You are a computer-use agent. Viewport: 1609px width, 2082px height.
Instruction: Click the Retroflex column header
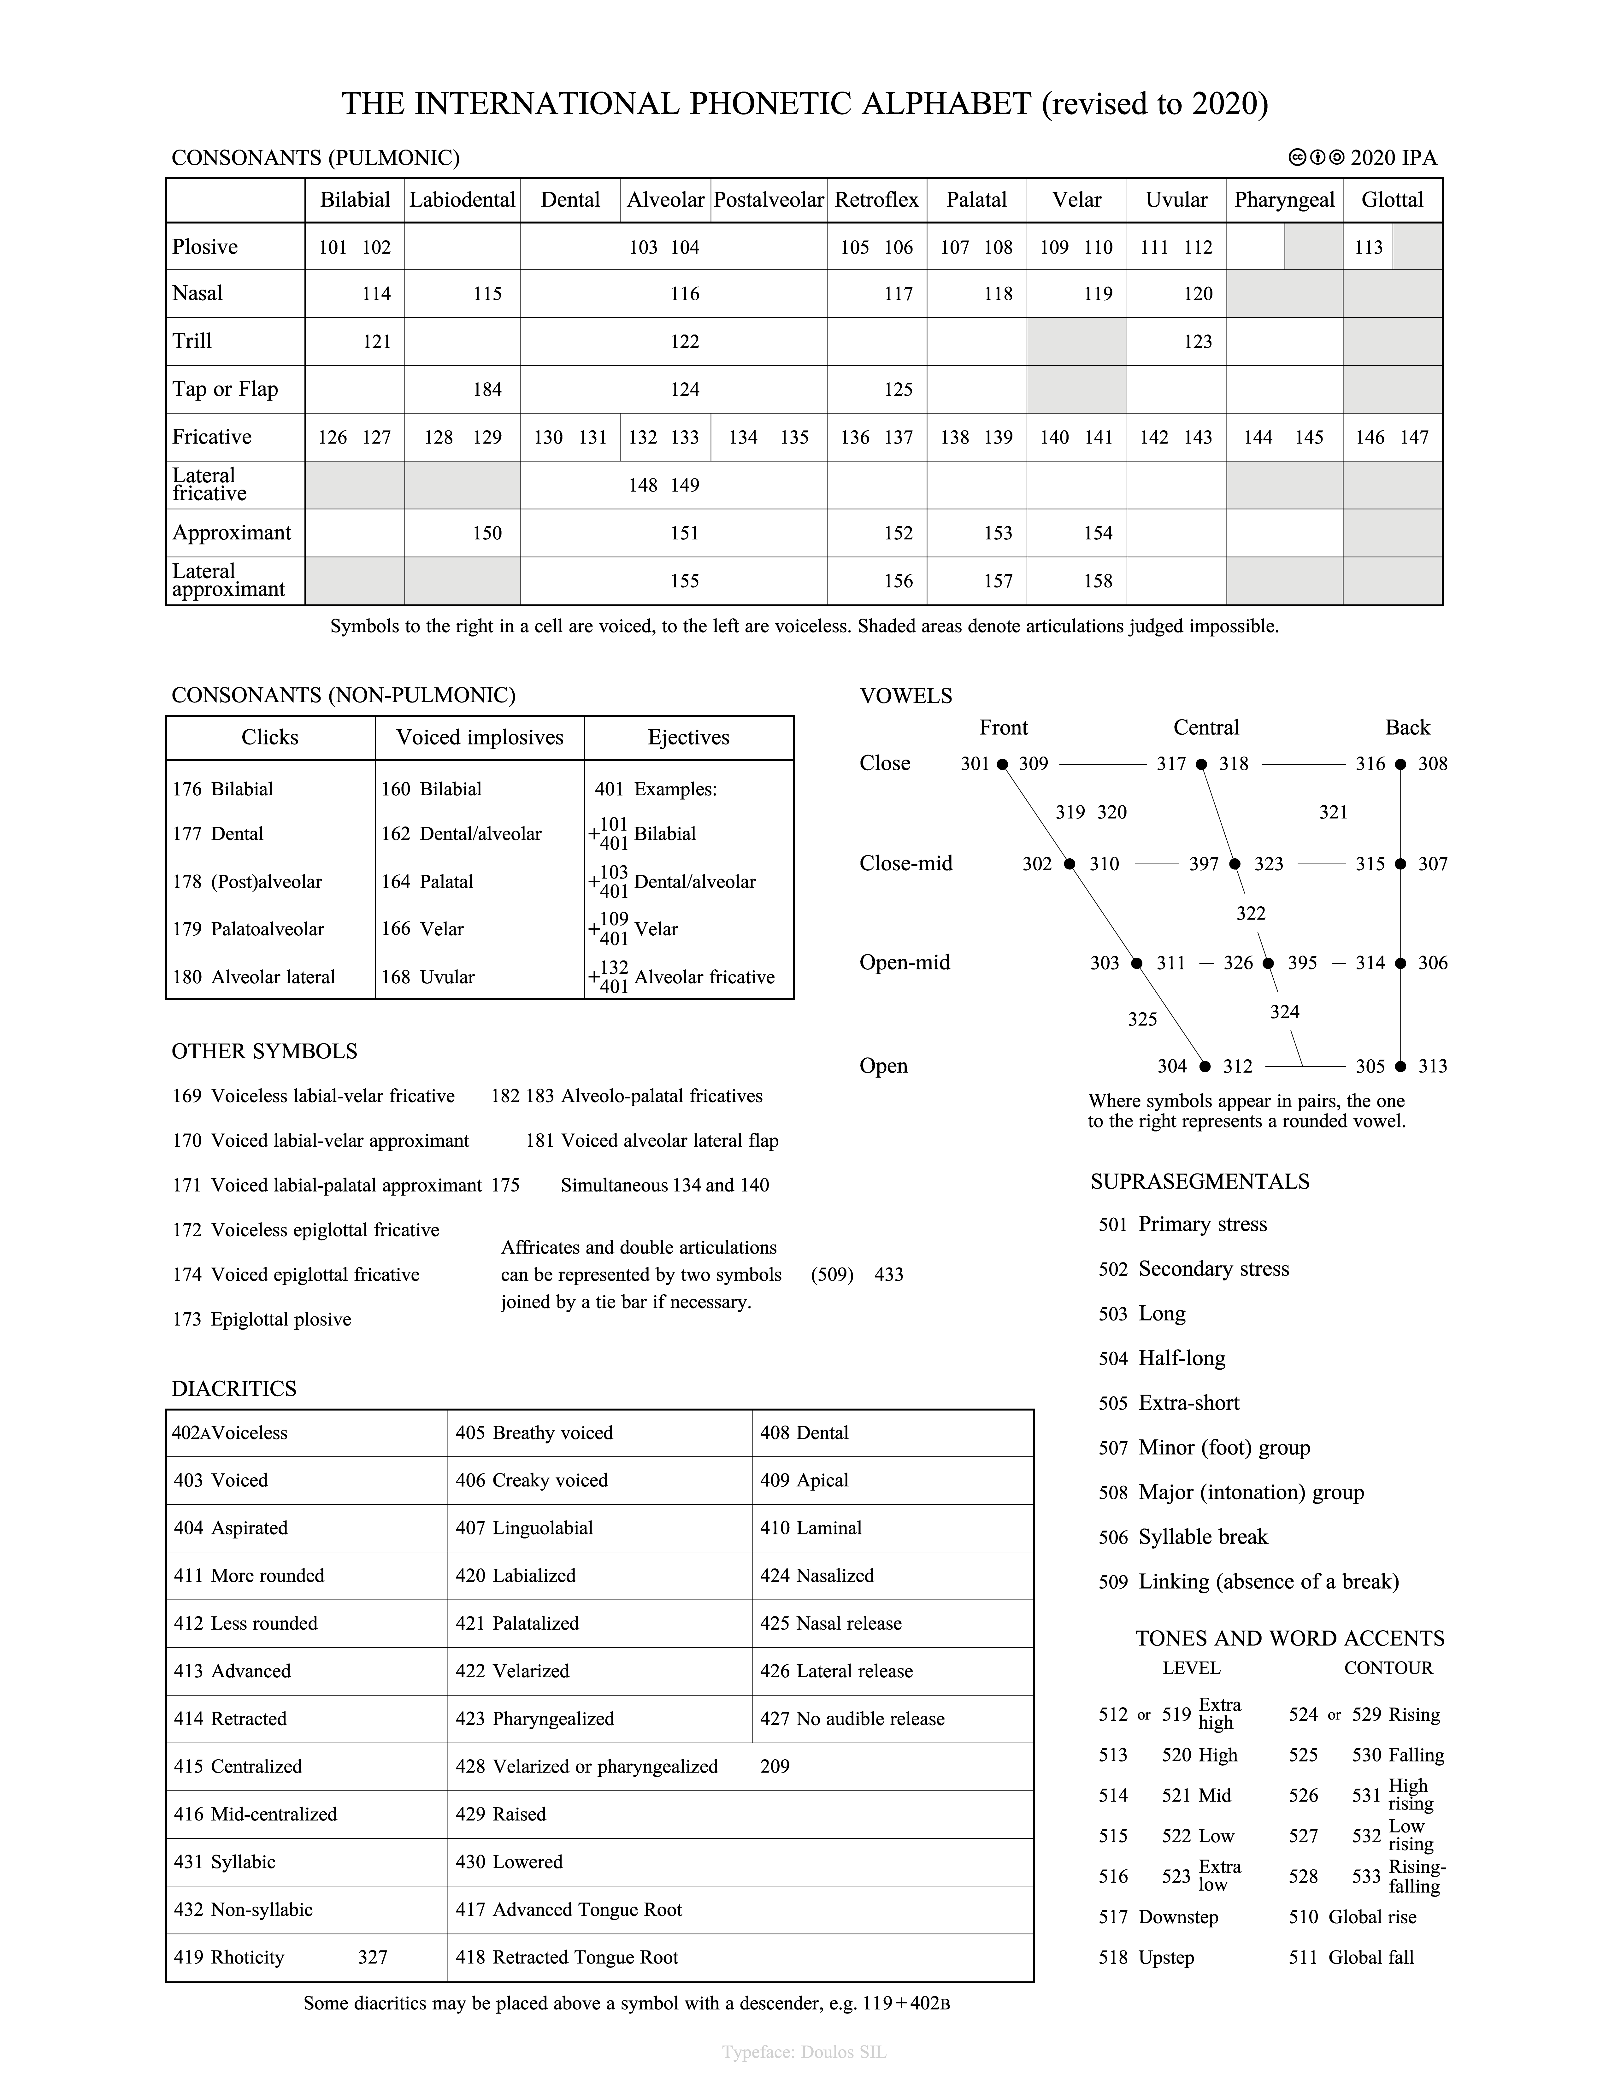(x=876, y=200)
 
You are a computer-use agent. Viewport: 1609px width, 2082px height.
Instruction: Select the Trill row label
(x=192, y=341)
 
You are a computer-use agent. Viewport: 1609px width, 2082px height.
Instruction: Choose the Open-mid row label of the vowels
(x=905, y=963)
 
